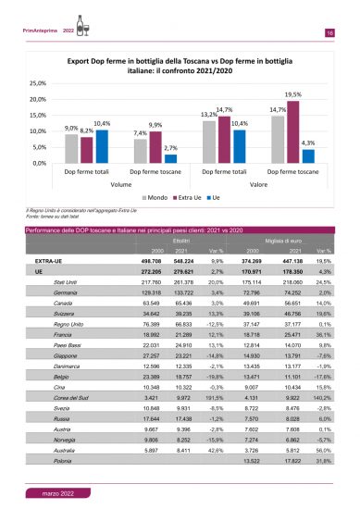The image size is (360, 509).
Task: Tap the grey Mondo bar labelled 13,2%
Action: click(209, 142)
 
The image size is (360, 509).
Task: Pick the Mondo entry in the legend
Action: click(148, 197)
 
